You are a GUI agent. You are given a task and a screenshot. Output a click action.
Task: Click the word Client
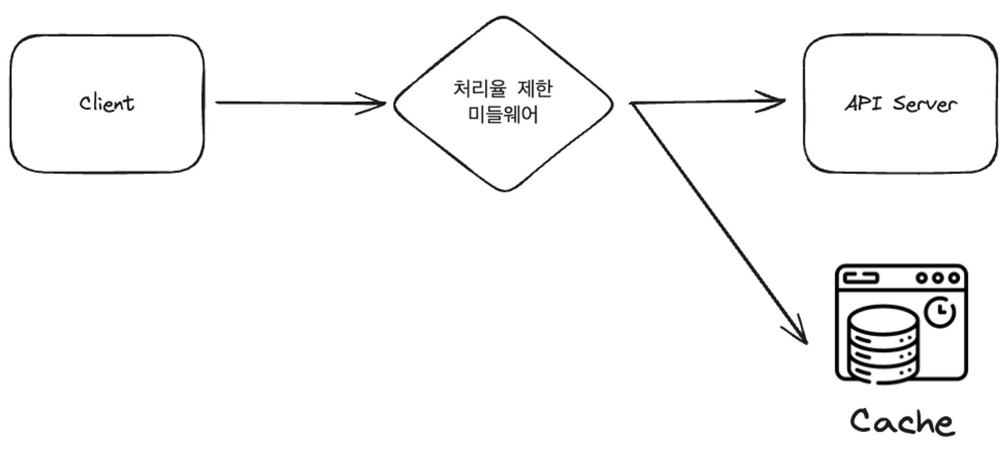pos(106,103)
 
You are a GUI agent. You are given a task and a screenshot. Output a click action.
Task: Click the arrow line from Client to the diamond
pos(289,102)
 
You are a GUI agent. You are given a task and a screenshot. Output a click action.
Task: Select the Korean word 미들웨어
pos(503,115)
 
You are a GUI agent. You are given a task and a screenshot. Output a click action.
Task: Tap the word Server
pos(924,103)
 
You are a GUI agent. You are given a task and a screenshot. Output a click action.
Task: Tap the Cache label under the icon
pos(902,422)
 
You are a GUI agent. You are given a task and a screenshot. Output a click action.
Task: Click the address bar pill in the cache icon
pos(861,278)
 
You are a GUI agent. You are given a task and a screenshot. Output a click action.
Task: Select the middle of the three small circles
pos(938,278)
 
